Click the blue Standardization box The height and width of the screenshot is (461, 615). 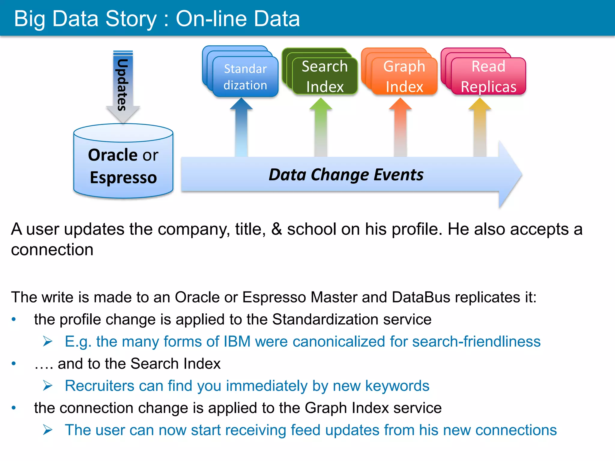(x=245, y=77)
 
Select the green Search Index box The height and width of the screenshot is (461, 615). (x=325, y=76)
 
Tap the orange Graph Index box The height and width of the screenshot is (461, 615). (x=404, y=76)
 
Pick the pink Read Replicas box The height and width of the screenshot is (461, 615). (x=488, y=76)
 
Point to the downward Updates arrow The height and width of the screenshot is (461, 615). (x=123, y=86)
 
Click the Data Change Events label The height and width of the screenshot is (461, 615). (x=346, y=175)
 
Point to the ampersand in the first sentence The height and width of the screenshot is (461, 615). (x=276, y=229)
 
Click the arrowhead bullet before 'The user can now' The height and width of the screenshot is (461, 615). (x=48, y=430)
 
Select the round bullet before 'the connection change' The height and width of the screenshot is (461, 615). (x=14, y=408)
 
